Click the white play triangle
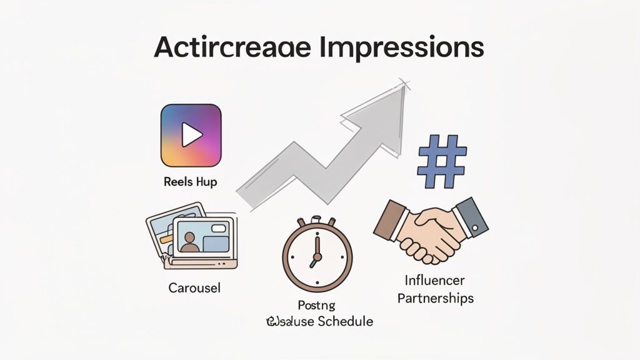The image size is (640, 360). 191,134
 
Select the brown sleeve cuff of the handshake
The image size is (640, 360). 388,219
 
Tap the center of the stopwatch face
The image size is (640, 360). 317,256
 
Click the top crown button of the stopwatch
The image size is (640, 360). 317,221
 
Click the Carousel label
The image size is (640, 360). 194,288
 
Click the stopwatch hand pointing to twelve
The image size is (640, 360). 317,245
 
